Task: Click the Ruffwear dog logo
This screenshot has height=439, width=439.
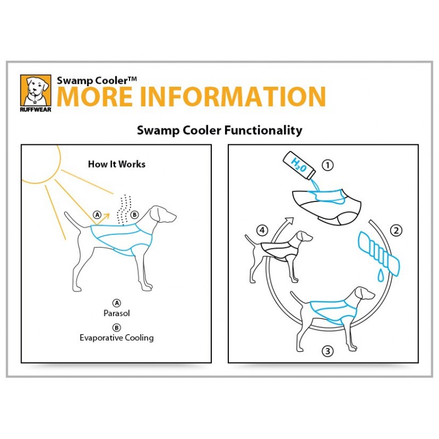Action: [36, 93]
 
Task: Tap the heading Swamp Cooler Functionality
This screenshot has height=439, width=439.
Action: [219, 131]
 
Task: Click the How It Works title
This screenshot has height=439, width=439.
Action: [117, 164]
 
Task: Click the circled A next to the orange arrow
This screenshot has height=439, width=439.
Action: [97, 215]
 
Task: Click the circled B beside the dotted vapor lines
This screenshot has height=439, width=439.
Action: [134, 215]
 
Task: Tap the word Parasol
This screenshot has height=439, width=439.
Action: [116, 313]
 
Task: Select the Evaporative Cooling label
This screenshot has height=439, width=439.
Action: [117, 337]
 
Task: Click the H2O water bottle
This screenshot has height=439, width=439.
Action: [299, 166]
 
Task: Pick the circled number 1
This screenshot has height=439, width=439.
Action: [328, 165]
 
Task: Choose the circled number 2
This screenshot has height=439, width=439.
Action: [396, 230]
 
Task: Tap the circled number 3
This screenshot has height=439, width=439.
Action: [328, 351]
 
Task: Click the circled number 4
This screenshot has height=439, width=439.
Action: [262, 230]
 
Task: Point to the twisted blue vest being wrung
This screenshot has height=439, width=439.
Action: [379, 254]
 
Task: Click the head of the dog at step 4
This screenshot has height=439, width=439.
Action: [304, 237]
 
